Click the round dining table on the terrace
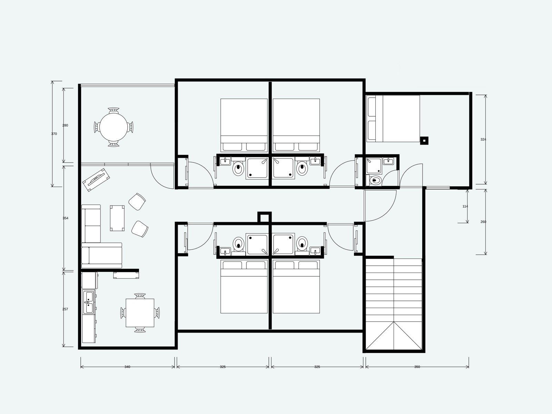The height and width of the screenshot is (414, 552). coord(114,127)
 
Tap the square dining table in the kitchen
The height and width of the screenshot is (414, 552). coord(140,313)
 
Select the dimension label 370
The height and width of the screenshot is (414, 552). coord(54,134)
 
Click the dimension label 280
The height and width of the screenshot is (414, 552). coord(65,125)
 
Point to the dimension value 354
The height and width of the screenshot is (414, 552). coord(66,218)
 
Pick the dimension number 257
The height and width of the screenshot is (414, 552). coord(65,309)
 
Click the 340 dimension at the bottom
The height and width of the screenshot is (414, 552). coord(127,367)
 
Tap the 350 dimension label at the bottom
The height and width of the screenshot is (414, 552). coord(417,367)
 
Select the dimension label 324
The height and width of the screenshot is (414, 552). coord(483,139)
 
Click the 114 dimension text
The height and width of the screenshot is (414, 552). coord(465,206)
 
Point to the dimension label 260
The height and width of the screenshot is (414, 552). coord(483,222)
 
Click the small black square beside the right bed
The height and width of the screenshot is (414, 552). coord(424,140)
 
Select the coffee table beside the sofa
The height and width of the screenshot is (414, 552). coord(117,218)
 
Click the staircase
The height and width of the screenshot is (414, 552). coord(394,304)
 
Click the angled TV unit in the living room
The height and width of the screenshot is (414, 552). coord(96,180)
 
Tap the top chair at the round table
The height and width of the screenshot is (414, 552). coord(114,110)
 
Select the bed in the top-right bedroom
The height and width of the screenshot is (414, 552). coord(393,119)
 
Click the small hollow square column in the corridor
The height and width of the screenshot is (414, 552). coord(265,217)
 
